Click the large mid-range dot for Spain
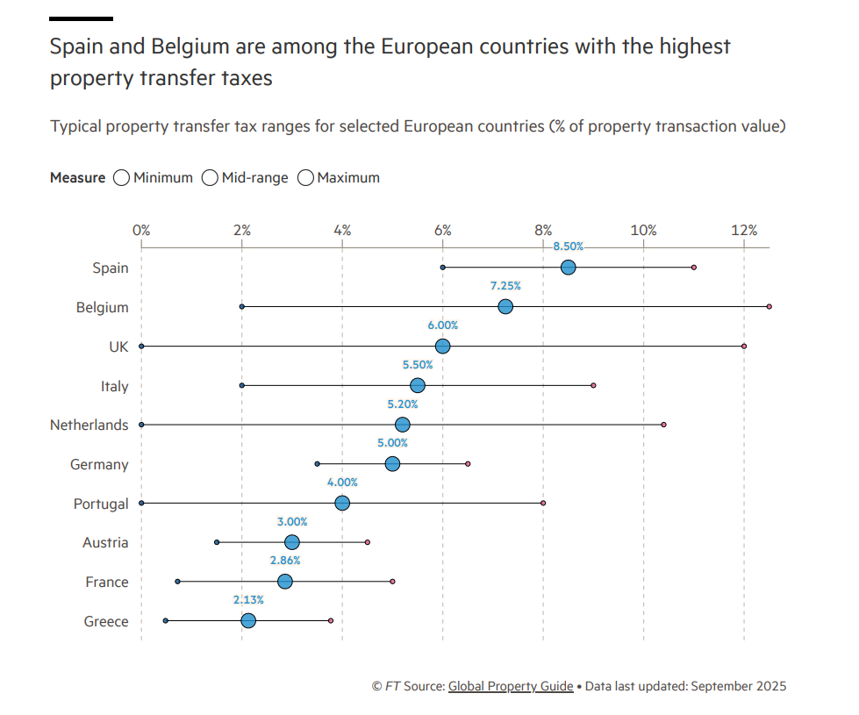(568, 268)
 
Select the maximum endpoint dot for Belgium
(769, 306)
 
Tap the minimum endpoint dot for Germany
(317, 463)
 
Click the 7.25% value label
(505, 286)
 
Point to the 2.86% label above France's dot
(284, 561)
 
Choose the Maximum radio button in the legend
(305, 178)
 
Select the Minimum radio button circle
(122, 178)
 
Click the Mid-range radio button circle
(210, 178)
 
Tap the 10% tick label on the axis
(643, 230)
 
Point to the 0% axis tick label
(141, 230)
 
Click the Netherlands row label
(89, 425)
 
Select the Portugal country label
(101, 504)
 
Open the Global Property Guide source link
(511, 686)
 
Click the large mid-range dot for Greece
(248, 621)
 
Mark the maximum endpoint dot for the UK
(744, 346)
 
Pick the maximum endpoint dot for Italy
(593, 385)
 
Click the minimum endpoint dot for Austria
(217, 542)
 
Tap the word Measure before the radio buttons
(77, 178)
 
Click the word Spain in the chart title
(77, 46)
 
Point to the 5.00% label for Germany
(392, 443)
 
